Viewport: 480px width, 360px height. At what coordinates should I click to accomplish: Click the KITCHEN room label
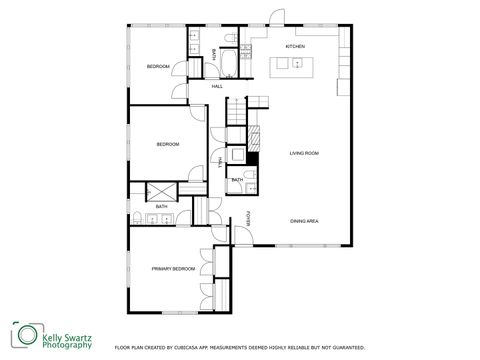point(295,47)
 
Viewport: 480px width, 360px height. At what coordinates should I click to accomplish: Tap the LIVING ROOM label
point(304,153)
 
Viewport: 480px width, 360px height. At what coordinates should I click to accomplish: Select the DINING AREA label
point(304,221)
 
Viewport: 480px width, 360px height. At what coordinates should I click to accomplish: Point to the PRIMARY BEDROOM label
point(173,269)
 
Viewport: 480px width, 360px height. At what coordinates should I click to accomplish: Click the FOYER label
point(249,220)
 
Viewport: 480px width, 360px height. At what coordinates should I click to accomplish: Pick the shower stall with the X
point(162,192)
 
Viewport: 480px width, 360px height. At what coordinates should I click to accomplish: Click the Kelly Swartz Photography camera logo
point(26,337)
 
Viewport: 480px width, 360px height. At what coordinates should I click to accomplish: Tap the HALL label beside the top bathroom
point(217,87)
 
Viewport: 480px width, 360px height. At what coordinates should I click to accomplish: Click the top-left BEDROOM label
point(158,66)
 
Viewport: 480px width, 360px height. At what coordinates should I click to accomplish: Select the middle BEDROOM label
point(167,145)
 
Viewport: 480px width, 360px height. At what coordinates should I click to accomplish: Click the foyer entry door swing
point(240,236)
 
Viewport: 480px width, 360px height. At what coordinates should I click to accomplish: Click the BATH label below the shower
point(161,207)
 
